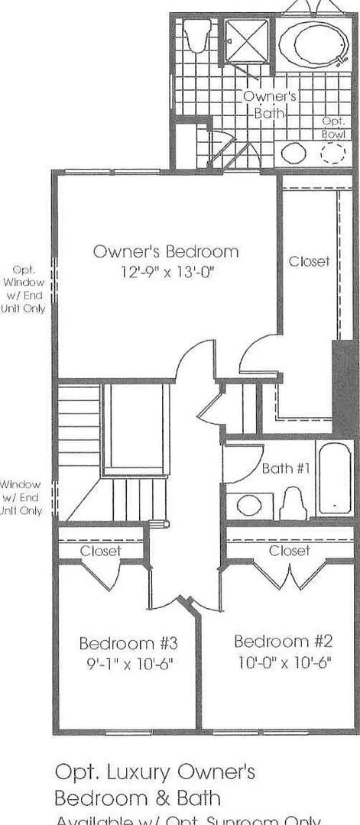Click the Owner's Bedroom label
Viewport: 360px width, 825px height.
165,251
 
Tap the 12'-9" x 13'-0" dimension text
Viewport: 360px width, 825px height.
165,271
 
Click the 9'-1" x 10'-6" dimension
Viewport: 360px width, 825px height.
128,663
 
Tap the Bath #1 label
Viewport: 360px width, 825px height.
285,468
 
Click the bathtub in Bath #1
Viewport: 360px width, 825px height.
334,477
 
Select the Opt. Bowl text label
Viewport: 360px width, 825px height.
334,128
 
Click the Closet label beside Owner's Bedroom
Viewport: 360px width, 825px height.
309,261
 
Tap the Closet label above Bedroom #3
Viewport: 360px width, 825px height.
100,551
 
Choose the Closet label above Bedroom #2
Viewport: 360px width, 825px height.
289,550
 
